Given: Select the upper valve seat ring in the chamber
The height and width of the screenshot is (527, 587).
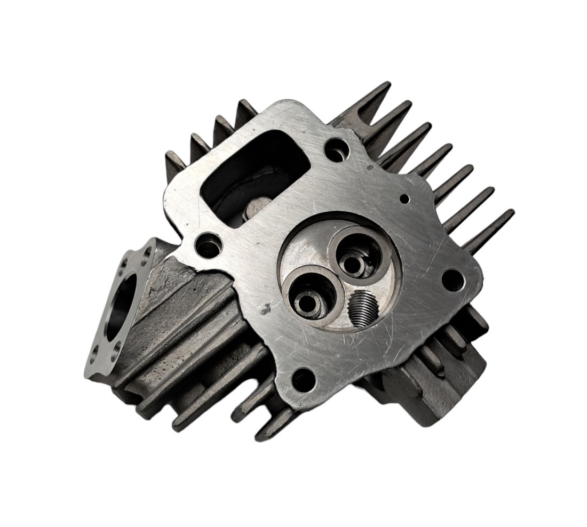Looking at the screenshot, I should (355, 252).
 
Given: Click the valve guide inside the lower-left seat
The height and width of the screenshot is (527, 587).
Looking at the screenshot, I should (308, 302).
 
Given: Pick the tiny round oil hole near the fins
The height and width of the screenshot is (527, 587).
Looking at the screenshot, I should (404, 199).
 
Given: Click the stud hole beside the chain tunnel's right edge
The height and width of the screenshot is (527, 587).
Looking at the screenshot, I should (336, 149).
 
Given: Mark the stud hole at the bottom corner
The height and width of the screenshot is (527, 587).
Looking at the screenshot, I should (303, 378).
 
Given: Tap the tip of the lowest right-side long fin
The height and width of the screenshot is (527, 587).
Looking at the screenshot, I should (510, 213).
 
